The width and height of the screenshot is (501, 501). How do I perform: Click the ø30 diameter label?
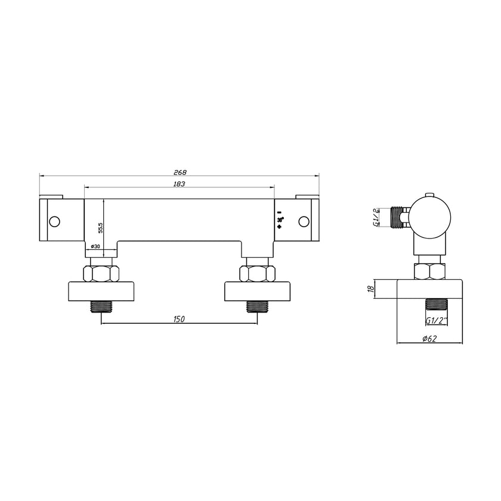click(x=95, y=246)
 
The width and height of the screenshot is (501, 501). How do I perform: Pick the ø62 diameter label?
click(x=429, y=339)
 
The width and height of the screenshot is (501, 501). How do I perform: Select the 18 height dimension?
click(x=370, y=290)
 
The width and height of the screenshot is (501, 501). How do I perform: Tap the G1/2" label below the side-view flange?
click(x=437, y=320)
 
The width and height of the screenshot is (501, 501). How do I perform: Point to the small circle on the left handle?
click(x=55, y=222)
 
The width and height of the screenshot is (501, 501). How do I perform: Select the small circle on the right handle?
click(x=304, y=222)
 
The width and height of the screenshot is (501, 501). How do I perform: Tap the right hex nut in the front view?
click(x=257, y=274)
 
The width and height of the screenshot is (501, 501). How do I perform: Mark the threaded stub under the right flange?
click(x=257, y=308)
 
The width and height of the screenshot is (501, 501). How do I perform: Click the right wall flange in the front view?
click(x=257, y=290)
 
